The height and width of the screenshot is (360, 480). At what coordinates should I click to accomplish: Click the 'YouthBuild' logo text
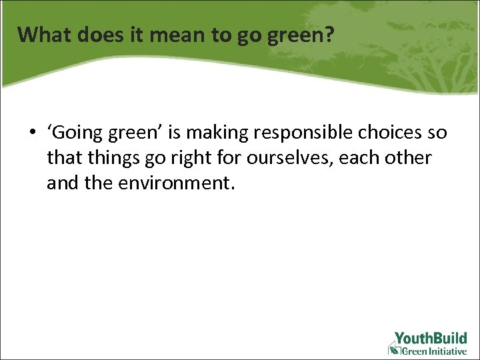click(431, 338)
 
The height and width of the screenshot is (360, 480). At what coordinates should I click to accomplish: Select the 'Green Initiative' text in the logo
click(434, 351)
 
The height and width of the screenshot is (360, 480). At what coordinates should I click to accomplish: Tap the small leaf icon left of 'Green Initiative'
click(393, 350)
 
